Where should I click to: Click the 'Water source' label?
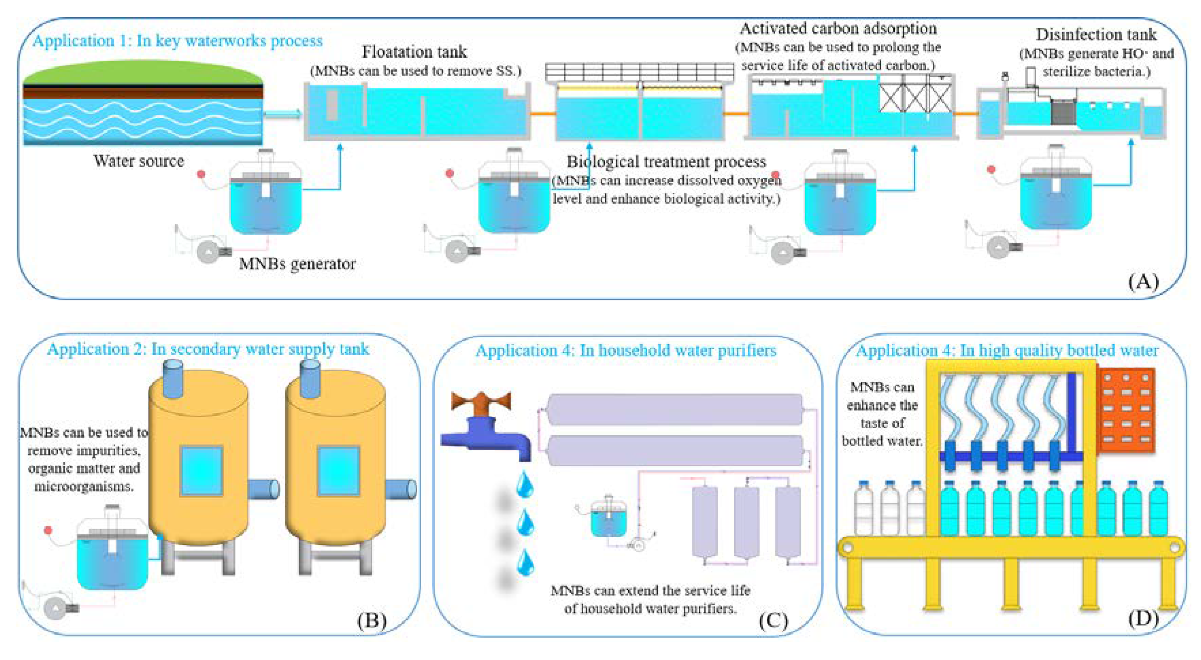(x=139, y=161)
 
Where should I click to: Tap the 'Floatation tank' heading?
(x=414, y=52)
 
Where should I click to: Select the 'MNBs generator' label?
(x=297, y=264)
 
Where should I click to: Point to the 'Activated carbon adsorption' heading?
(x=838, y=29)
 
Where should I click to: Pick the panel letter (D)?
(x=1143, y=618)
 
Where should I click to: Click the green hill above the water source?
(x=142, y=72)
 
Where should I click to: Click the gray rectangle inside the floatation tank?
(x=332, y=105)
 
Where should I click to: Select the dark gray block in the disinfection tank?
(x=1063, y=112)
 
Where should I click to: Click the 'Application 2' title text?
(x=208, y=349)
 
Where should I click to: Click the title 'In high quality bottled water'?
(x=1007, y=350)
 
